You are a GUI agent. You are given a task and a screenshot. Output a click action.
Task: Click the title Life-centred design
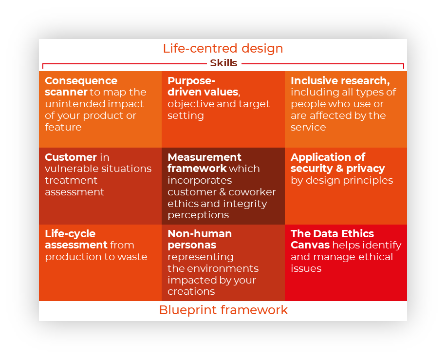[223, 48]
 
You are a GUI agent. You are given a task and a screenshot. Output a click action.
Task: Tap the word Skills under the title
[223, 63]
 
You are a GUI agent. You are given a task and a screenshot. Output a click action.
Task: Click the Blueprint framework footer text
[223, 310]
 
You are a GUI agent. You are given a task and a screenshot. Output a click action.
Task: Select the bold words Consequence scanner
[81, 86]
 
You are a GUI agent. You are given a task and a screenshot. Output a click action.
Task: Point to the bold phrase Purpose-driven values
[204, 86]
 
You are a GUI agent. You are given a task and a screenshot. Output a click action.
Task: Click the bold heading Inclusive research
[340, 80]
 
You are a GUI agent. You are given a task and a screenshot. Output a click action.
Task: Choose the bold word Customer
[71, 157]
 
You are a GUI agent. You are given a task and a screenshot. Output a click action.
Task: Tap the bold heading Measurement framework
[204, 163]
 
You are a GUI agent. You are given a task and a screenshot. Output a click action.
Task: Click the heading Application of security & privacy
[337, 163]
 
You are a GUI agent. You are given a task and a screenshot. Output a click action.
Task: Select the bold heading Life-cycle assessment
[76, 239]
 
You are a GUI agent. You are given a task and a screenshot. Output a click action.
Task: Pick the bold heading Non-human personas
[200, 239]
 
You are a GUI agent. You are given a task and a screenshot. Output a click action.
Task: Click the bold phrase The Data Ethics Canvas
[332, 239]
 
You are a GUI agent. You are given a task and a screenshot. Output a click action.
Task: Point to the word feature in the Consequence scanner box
[63, 127]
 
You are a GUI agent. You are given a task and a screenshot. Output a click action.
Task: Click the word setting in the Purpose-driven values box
[186, 115]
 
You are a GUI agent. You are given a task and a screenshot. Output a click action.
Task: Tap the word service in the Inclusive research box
[308, 127]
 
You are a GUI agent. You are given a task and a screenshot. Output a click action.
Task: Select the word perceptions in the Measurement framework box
[198, 215]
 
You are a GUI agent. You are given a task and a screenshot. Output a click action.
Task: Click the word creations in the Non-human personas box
[191, 291]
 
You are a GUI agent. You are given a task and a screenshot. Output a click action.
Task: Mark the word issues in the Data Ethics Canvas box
[306, 268]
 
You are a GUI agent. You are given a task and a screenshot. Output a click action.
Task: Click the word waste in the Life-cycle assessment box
[132, 257]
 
